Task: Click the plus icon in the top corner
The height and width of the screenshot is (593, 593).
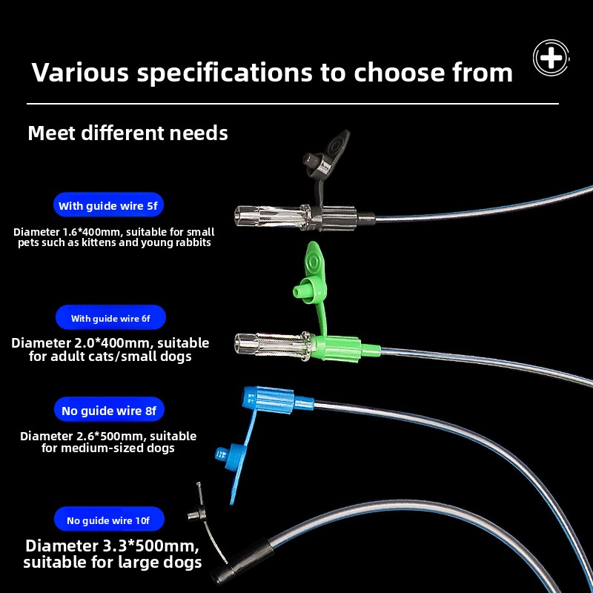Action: pos(551,58)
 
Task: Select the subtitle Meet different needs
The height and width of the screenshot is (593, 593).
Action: pos(127,133)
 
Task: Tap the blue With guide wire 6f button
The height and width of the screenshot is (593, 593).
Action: pos(110,318)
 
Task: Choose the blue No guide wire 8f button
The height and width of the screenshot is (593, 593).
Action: pos(108,409)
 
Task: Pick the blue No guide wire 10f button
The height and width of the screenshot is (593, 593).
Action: pos(108,520)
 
